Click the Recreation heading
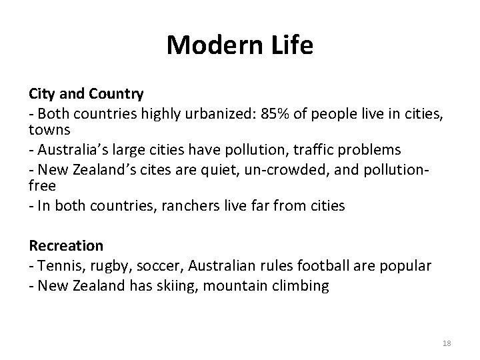click(66, 246)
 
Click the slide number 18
click(447, 343)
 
